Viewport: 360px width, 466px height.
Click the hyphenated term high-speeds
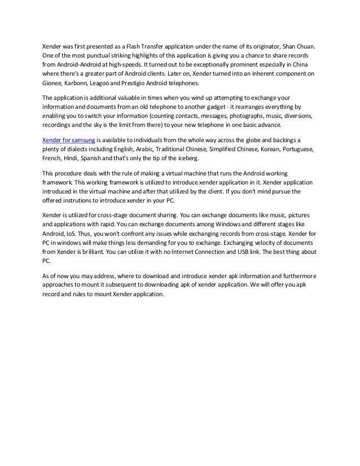pos(120,64)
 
